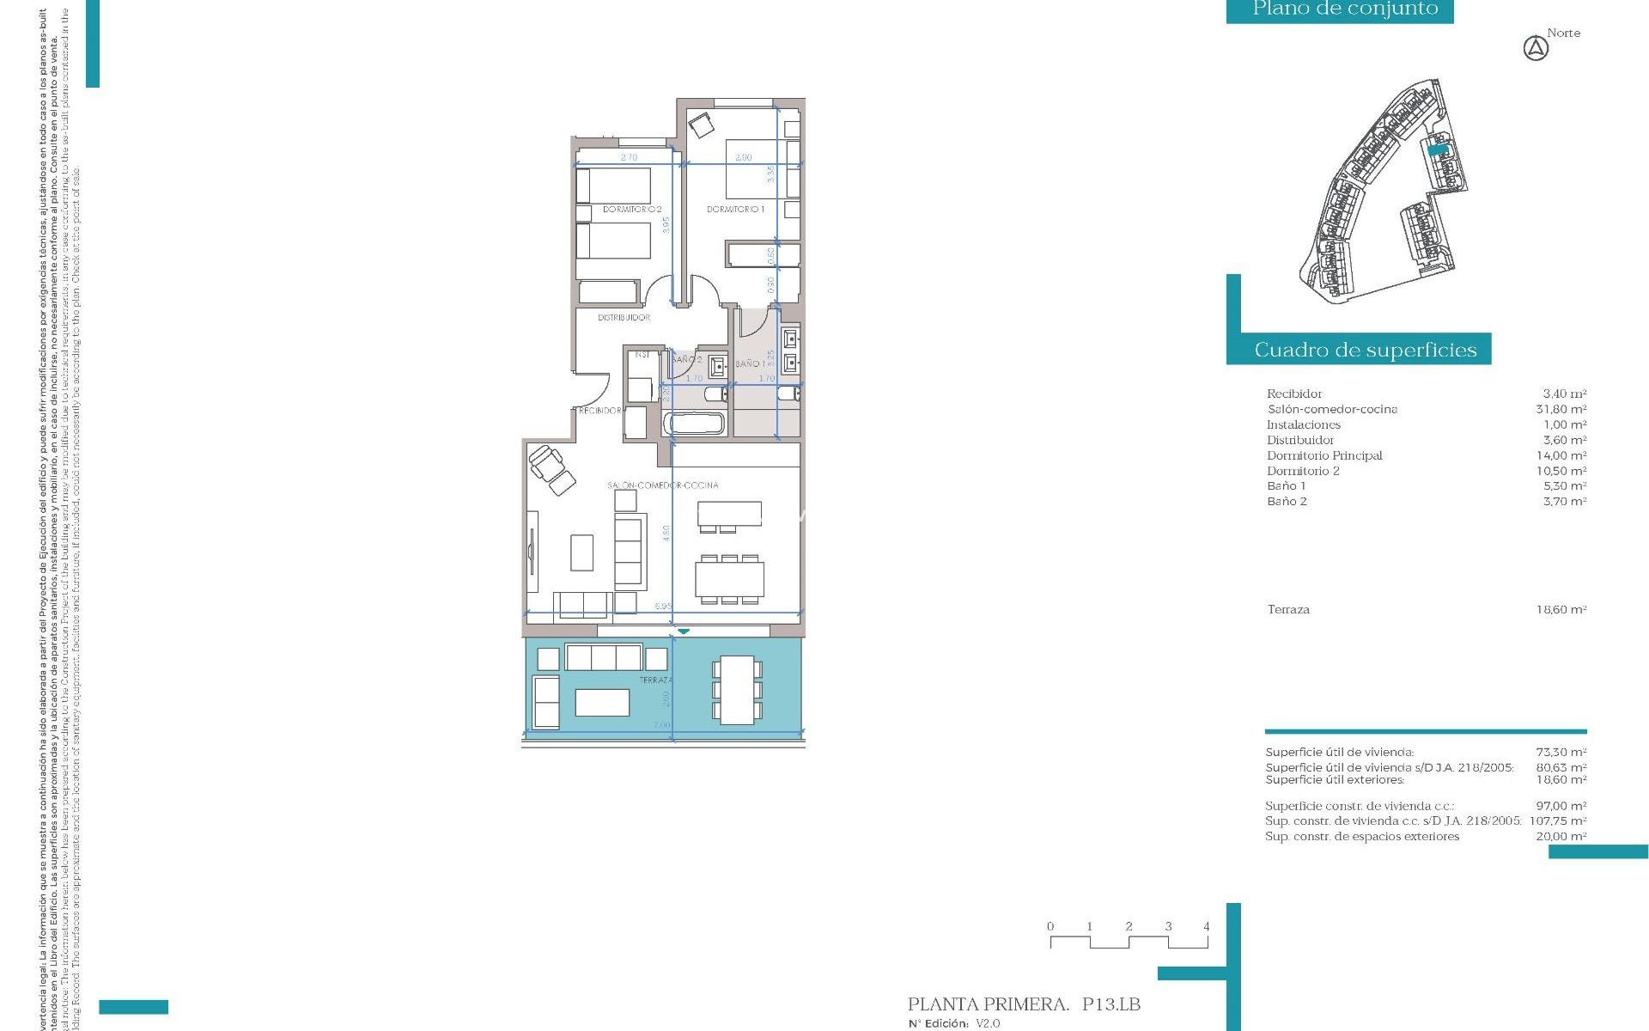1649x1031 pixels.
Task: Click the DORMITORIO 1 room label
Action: click(735, 209)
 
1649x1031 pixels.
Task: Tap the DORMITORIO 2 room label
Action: click(632, 209)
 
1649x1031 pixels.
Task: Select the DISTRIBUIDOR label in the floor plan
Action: click(624, 317)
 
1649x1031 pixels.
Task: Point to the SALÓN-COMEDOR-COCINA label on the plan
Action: click(663, 485)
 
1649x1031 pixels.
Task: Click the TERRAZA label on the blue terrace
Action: click(655, 680)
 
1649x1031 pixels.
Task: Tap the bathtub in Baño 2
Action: click(695, 424)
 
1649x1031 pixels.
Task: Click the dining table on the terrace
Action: click(736, 689)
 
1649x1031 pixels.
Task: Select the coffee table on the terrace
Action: click(602, 702)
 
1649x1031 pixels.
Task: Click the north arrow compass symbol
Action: click(1536, 49)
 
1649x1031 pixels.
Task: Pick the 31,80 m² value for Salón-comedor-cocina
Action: click(1561, 409)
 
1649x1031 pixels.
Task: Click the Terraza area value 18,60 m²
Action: click(1561, 609)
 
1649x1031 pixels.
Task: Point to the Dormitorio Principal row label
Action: click(1324, 455)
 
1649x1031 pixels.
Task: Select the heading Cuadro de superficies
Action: click(1365, 350)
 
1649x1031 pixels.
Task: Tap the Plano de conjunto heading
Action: click(1345, 9)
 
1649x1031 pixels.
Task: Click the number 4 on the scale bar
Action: click(1206, 926)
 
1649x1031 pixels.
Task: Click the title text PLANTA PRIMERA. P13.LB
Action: click(1024, 1004)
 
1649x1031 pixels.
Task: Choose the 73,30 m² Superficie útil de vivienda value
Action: click(1561, 752)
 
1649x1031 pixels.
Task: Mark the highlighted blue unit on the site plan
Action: click(1438, 149)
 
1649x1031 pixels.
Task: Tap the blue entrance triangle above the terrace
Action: click(683, 631)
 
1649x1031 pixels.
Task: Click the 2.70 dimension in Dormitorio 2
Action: click(629, 157)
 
